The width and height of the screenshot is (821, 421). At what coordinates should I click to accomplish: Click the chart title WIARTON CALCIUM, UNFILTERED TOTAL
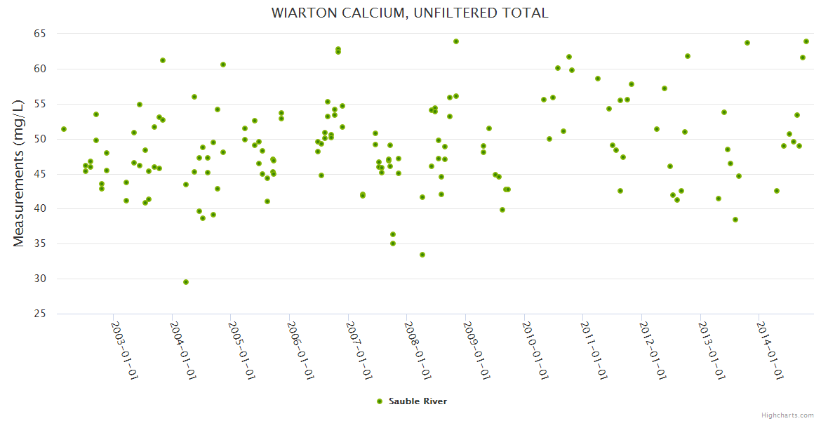(x=410, y=13)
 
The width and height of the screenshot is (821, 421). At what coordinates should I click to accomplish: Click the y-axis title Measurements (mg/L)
(x=19, y=173)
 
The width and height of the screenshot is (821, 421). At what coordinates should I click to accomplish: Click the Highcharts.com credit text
(x=787, y=415)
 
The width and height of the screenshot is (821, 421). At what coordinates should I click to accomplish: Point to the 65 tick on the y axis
(x=39, y=34)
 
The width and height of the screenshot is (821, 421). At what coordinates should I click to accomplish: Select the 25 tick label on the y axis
(x=39, y=314)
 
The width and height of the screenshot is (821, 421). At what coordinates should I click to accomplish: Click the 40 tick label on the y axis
(x=39, y=209)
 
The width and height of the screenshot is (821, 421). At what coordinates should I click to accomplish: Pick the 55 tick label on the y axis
(x=39, y=104)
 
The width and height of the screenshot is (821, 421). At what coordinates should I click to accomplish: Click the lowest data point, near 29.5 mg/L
(x=186, y=282)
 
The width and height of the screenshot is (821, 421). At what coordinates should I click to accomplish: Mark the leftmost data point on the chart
(x=64, y=129)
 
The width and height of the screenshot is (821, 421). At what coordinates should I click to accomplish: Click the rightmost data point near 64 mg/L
(x=806, y=41)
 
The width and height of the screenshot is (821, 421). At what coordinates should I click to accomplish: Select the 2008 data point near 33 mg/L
(x=422, y=255)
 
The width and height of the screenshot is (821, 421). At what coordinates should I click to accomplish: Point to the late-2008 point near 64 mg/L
(x=456, y=41)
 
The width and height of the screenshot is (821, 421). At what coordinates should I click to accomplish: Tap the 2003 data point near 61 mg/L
(x=163, y=60)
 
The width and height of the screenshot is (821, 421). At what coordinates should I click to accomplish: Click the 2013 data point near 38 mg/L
(x=735, y=220)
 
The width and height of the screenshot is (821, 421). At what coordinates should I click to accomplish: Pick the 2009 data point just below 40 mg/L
(x=502, y=210)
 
